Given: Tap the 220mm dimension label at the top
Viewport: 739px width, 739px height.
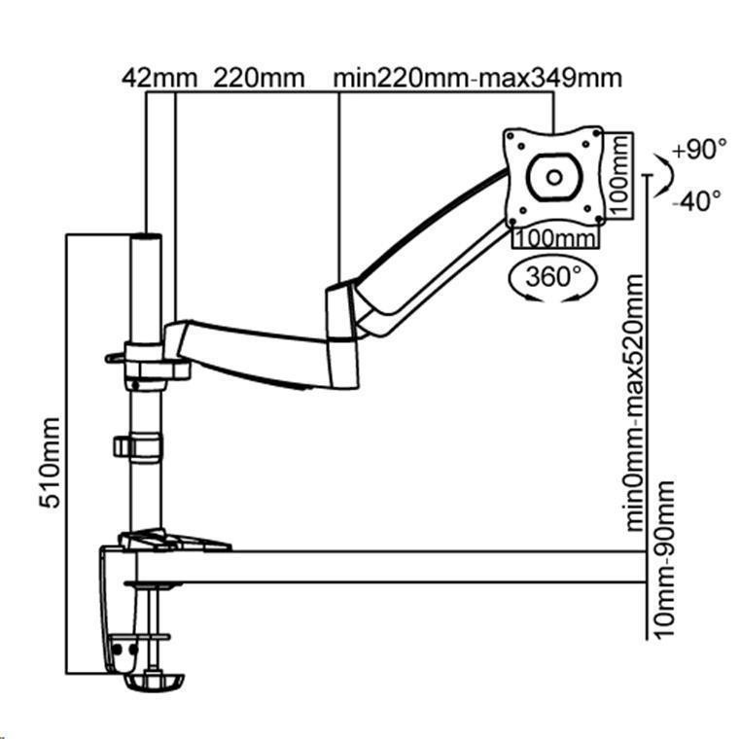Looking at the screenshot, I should [258, 77].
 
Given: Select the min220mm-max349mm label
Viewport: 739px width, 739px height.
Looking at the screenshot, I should [477, 77].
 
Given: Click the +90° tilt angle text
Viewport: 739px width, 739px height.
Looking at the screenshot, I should [700, 151].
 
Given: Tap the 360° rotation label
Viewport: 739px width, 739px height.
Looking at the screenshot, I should [551, 276].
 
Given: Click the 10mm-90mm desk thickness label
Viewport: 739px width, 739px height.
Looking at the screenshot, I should [666, 560].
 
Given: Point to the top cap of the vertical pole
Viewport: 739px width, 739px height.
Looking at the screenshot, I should [145, 236].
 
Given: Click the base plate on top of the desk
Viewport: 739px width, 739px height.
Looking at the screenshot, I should [173, 538].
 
